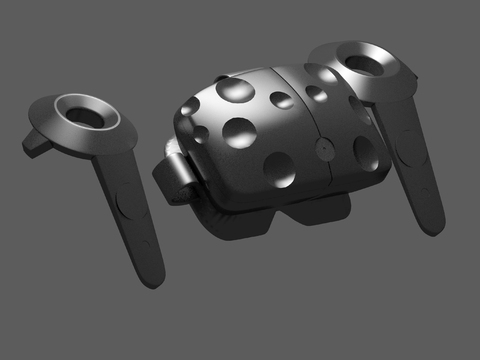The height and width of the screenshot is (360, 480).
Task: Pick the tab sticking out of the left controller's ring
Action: point(36,144)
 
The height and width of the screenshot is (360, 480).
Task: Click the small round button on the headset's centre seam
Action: point(327,144)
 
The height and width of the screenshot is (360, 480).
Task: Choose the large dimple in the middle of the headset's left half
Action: point(242,130)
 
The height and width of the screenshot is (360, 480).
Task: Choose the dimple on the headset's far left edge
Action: point(186,120)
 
